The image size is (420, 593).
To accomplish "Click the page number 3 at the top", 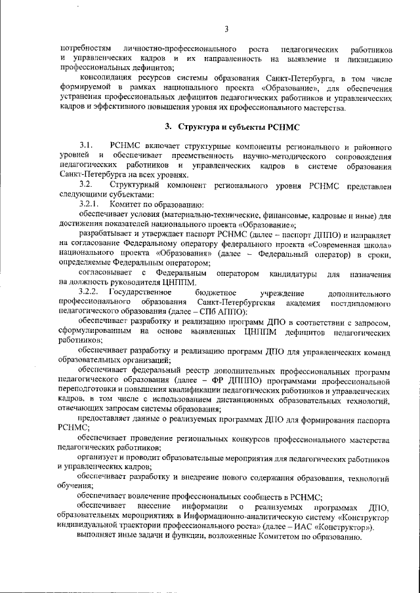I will pyautogui.click(x=226, y=28).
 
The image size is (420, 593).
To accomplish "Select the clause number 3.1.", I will pyautogui.click(x=87, y=143).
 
